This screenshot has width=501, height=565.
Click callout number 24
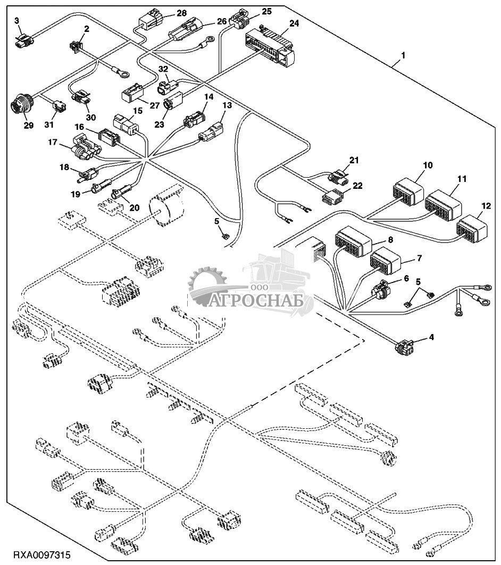(294, 23)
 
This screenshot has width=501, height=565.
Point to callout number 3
(16, 20)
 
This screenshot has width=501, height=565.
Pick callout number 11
(461, 179)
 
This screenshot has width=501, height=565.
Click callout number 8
(390, 240)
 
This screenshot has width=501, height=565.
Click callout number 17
(52, 142)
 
